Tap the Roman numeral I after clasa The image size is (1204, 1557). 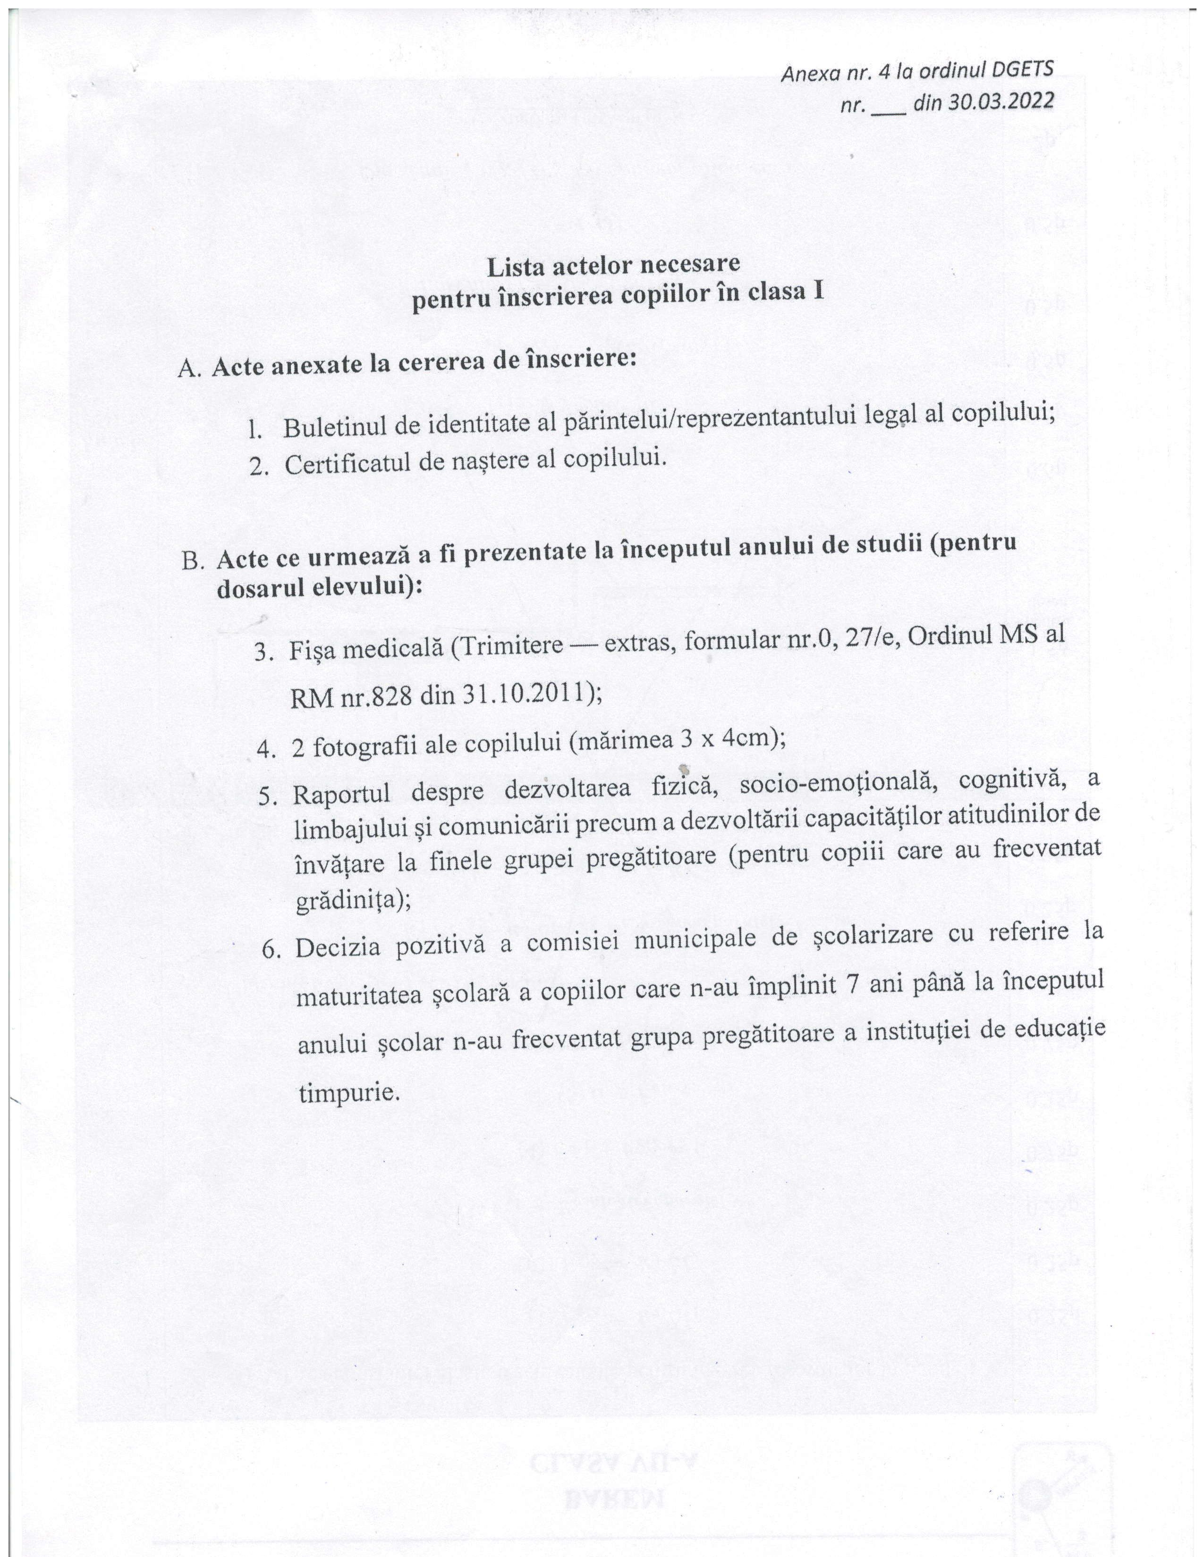point(817,293)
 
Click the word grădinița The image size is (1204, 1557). point(348,903)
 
